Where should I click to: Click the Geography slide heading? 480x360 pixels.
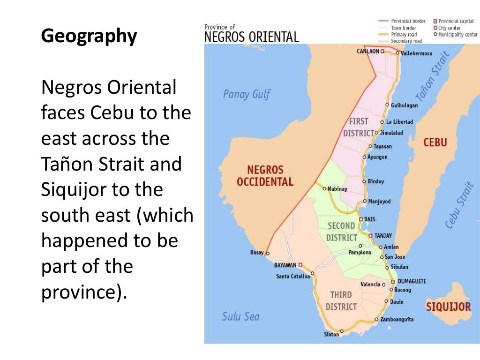coord(89,36)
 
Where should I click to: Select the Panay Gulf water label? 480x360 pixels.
coord(247,94)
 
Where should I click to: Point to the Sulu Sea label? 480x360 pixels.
coord(240,316)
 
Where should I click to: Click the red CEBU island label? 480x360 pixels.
coord(435,142)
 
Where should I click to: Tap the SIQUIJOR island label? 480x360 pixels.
coord(448,307)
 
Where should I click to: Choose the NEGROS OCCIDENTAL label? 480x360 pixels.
coord(265,176)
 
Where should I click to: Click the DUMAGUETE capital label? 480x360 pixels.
coord(412,281)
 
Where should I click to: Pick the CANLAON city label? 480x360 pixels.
coord(367,52)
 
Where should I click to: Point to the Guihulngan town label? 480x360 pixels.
coord(404,105)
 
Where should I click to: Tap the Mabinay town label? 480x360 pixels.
coord(337,189)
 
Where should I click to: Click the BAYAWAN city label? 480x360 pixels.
coord(285,265)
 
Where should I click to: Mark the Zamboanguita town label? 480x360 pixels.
coord(397,319)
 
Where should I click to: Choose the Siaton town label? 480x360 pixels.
coord(331,334)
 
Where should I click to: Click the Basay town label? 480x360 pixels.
coord(257,253)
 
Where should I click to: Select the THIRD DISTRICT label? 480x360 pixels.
coord(341,300)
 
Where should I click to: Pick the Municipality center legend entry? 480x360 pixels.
coord(457,34)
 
